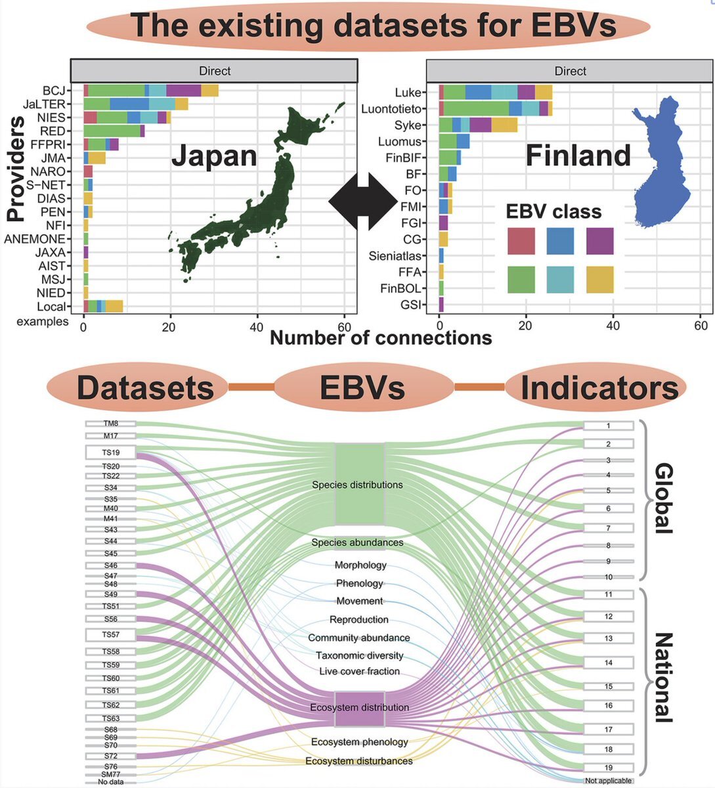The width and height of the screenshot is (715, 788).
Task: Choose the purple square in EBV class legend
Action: [x=599, y=241]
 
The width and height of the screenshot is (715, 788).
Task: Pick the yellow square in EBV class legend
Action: [x=599, y=279]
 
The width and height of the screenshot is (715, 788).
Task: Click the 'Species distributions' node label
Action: [x=357, y=485]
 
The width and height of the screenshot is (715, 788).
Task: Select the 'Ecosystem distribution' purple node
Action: [x=359, y=708]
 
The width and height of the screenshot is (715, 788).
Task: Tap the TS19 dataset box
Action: [x=110, y=452]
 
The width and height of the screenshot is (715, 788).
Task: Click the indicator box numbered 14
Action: [x=608, y=663]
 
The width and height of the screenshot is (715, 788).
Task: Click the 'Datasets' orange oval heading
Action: [x=145, y=387]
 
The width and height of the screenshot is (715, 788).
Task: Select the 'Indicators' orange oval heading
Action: [x=598, y=387]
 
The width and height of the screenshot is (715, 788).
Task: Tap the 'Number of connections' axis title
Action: [x=381, y=338]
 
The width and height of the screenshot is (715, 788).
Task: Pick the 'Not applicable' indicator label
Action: [x=608, y=781]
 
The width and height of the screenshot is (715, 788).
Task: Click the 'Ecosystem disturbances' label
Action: [x=359, y=761]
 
